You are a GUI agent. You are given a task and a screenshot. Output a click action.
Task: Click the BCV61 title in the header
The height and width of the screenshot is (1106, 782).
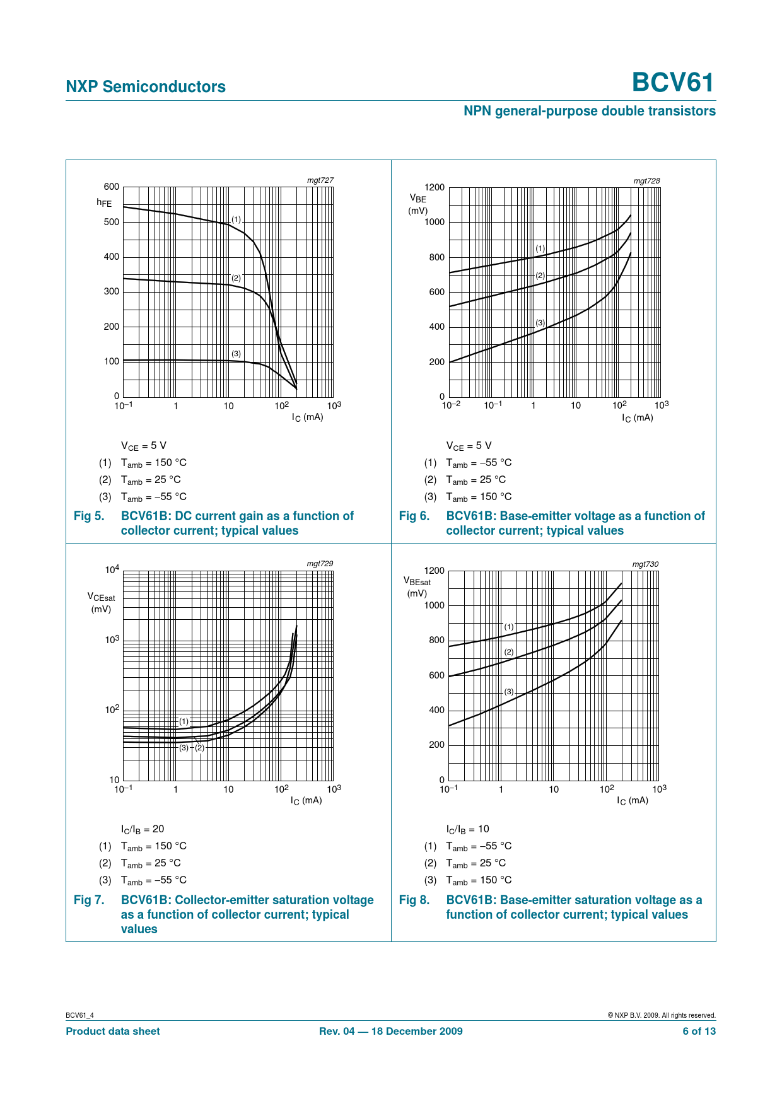pyautogui.click(x=673, y=83)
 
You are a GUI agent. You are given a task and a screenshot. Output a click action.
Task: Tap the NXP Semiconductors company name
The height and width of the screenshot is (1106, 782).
pyautogui.click(x=146, y=86)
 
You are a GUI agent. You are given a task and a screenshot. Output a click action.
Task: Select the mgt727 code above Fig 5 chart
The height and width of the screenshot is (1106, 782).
pyautogui.click(x=320, y=180)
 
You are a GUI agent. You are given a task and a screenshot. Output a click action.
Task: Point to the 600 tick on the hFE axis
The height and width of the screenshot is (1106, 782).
pyautogui.click(x=112, y=187)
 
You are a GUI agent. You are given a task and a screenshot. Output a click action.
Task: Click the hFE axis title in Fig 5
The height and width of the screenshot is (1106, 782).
pyautogui.click(x=104, y=203)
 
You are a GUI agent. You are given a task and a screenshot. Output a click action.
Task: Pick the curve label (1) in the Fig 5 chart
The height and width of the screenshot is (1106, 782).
pyautogui.click(x=236, y=219)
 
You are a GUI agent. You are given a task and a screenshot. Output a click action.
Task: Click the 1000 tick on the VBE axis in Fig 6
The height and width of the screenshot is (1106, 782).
pyautogui.click(x=434, y=222)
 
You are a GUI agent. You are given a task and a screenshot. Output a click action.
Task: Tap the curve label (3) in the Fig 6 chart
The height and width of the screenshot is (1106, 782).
pyautogui.click(x=540, y=323)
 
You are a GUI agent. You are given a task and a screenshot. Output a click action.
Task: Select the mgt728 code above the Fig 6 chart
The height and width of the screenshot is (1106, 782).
pyautogui.click(x=646, y=181)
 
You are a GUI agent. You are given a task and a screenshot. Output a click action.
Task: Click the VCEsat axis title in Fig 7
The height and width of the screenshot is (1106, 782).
pyautogui.click(x=101, y=597)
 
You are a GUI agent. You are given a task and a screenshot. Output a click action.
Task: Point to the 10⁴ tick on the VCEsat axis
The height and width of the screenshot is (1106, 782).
pyautogui.click(x=112, y=570)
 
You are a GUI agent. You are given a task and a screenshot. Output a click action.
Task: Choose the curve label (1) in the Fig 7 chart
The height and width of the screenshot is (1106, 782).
pyautogui.click(x=184, y=721)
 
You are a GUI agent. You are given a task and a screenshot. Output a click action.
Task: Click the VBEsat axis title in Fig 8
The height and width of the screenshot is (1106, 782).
pyautogui.click(x=417, y=582)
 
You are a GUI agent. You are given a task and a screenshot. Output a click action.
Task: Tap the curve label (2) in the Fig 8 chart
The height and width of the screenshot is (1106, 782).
pyautogui.click(x=509, y=652)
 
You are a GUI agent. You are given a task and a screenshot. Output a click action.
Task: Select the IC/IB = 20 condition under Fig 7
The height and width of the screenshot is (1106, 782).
pyautogui.click(x=143, y=829)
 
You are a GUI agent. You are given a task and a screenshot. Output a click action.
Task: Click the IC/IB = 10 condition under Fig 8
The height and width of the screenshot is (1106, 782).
pyautogui.click(x=467, y=829)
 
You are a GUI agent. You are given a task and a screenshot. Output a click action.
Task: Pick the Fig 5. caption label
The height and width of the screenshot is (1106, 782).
pyautogui.click(x=89, y=516)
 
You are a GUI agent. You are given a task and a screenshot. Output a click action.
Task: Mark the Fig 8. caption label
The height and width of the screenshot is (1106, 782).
pyautogui.click(x=414, y=900)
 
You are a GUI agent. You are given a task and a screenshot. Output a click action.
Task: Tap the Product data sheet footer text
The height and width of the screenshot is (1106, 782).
pyautogui.click(x=113, y=1032)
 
